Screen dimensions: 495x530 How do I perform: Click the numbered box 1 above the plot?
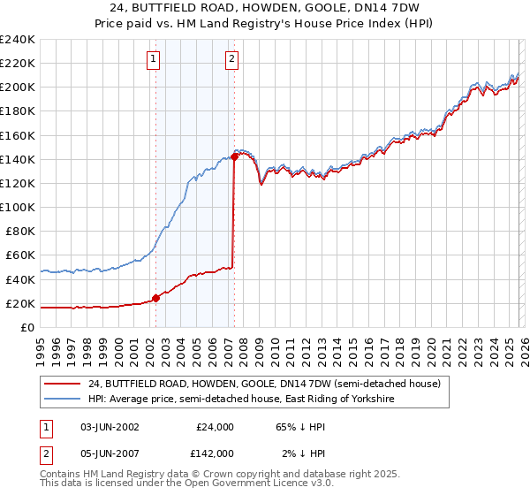pyautogui.click(x=154, y=59)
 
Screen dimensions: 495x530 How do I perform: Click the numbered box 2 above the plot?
pyautogui.click(x=231, y=59)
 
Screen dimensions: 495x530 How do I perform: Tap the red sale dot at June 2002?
pyautogui.click(x=156, y=298)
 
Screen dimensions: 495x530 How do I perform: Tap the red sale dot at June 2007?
pyautogui.click(x=234, y=156)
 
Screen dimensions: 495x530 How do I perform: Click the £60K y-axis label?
pyautogui.click(x=20, y=255)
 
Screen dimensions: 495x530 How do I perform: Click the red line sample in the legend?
pyautogui.click(x=64, y=384)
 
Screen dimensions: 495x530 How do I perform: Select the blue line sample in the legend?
pyautogui.click(x=64, y=400)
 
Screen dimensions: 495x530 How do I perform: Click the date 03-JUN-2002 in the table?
pyautogui.click(x=110, y=427)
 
